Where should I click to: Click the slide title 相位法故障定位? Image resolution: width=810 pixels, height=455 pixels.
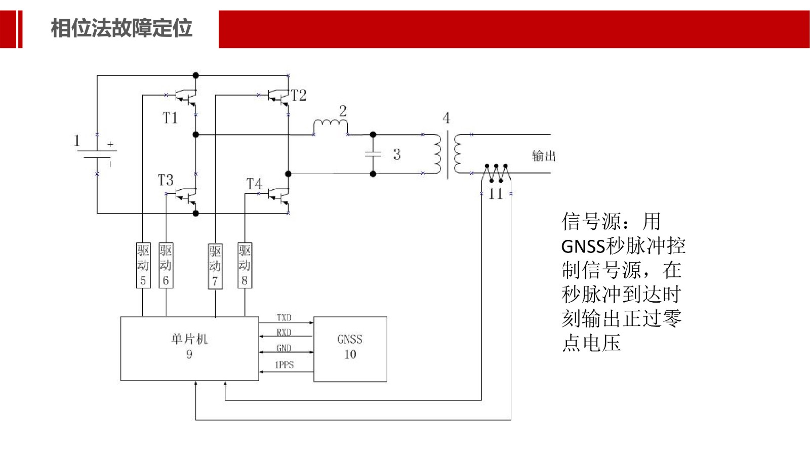(x=121, y=28)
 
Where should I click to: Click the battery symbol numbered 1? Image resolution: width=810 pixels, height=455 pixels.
(x=97, y=154)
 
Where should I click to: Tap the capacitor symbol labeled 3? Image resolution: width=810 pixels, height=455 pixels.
(x=373, y=154)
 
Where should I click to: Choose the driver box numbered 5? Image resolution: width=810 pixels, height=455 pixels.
(x=143, y=266)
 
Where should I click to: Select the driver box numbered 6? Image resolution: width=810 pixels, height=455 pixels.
(x=166, y=266)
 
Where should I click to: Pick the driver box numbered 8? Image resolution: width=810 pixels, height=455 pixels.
(x=245, y=266)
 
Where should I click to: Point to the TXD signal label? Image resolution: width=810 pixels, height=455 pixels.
(x=284, y=317)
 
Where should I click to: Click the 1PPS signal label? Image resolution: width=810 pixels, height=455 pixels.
(x=284, y=365)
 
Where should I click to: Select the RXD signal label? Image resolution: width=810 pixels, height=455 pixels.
(x=284, y=333)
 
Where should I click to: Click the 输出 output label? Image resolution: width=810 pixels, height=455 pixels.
(x=544, y=156)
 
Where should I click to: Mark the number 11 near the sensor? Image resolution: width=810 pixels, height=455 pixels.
(x=496, y=194)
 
